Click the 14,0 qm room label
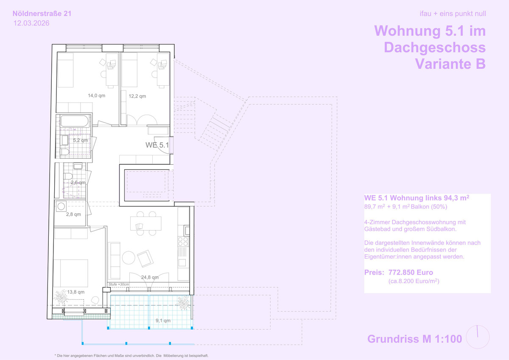tap(97, 96)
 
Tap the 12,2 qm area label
tap(137, 96)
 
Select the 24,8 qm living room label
tap(150, 277)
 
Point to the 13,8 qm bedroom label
tap(76, 292)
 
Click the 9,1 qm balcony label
tap(163, 321)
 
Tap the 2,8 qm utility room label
tap(73, 214)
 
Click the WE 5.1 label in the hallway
tap(157, 145)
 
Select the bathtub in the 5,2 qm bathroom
tap(75, 121)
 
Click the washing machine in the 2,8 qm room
tap(61, 206)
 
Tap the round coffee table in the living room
tap(129, 258)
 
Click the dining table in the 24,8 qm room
tap(145, 223)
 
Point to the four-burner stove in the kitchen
tap(183, 242)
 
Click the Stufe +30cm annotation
tap(119, 284)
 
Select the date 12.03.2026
tap(31, 23)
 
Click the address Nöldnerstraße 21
tap(42, 14)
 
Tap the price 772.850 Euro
tap(411, 272)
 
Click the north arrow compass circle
tap(478, 337)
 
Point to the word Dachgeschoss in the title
tap(435, 47)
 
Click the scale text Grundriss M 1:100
tap(415, 339)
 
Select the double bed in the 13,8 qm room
tap(71, 273)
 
